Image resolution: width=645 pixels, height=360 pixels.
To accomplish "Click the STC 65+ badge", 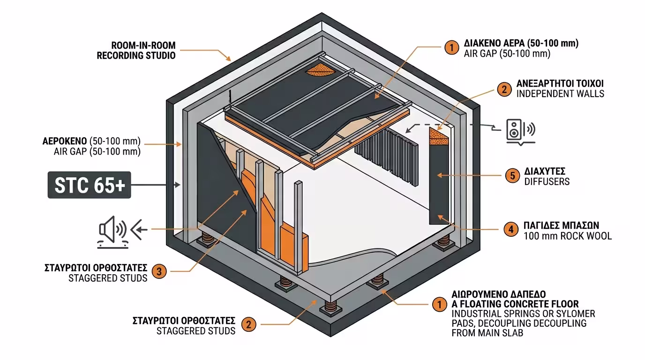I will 90,185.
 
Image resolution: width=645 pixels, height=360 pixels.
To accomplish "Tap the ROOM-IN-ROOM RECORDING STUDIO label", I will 136,50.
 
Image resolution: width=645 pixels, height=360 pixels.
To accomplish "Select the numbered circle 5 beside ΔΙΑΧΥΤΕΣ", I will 512,176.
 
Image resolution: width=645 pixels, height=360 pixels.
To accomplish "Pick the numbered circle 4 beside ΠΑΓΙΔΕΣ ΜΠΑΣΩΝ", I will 510,230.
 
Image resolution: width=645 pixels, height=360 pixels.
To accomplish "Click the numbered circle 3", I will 160,271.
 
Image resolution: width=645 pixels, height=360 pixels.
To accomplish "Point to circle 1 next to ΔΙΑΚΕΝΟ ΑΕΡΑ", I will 451,48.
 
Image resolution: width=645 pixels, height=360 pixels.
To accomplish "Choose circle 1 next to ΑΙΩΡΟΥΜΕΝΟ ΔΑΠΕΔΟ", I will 439,305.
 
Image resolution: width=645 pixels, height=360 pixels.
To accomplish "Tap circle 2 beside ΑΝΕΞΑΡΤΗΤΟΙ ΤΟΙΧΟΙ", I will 503,89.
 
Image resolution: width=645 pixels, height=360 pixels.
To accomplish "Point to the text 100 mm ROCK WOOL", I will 567,236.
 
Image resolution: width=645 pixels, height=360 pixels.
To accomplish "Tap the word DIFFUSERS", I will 547,181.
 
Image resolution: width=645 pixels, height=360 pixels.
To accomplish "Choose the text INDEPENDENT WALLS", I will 560,94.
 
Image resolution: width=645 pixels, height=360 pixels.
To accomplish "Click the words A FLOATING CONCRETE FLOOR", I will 515,304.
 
